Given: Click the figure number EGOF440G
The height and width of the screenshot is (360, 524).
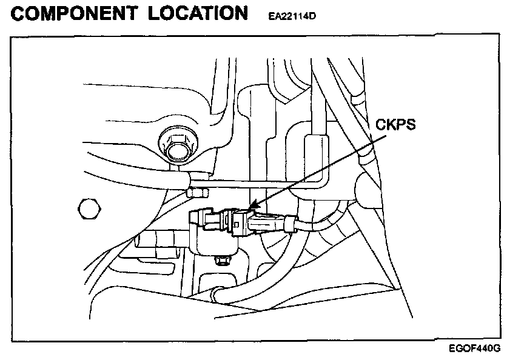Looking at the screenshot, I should point(475,350).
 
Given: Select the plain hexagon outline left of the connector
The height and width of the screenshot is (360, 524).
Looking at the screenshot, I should point(89,209).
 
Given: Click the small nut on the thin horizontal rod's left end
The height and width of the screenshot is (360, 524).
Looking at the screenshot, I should point(198,193).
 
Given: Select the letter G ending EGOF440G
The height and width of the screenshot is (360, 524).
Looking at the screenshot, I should point(497,350).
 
